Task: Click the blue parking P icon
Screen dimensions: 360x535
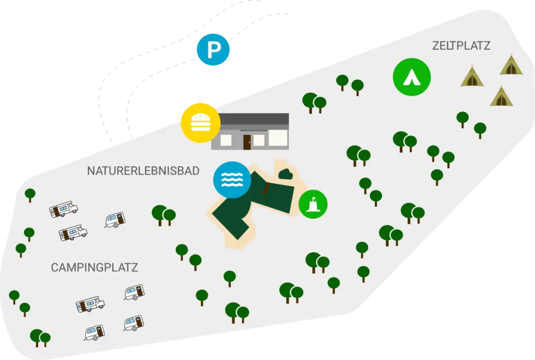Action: [x=213, y=50]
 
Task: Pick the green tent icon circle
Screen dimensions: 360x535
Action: [x=412, y=77]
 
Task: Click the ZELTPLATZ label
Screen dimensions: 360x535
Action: [x=461, y=46]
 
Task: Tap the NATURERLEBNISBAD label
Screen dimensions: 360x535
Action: [x=143, y=171]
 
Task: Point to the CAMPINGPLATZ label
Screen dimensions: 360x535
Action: [x=95, y=268]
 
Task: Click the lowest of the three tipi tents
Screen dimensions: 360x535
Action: [x=501, y=97]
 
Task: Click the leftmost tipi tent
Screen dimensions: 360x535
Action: [x=471, y=77]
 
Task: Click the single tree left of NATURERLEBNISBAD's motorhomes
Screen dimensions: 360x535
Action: [x=30, y=194]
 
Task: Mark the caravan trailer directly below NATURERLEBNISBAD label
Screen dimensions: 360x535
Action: [x=115, y=220]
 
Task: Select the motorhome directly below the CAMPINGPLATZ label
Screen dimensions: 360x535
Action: [x=90, y=304]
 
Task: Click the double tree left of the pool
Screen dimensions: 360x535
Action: [x=164, y=214]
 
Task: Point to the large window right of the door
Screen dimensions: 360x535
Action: [x=277, y=137]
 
